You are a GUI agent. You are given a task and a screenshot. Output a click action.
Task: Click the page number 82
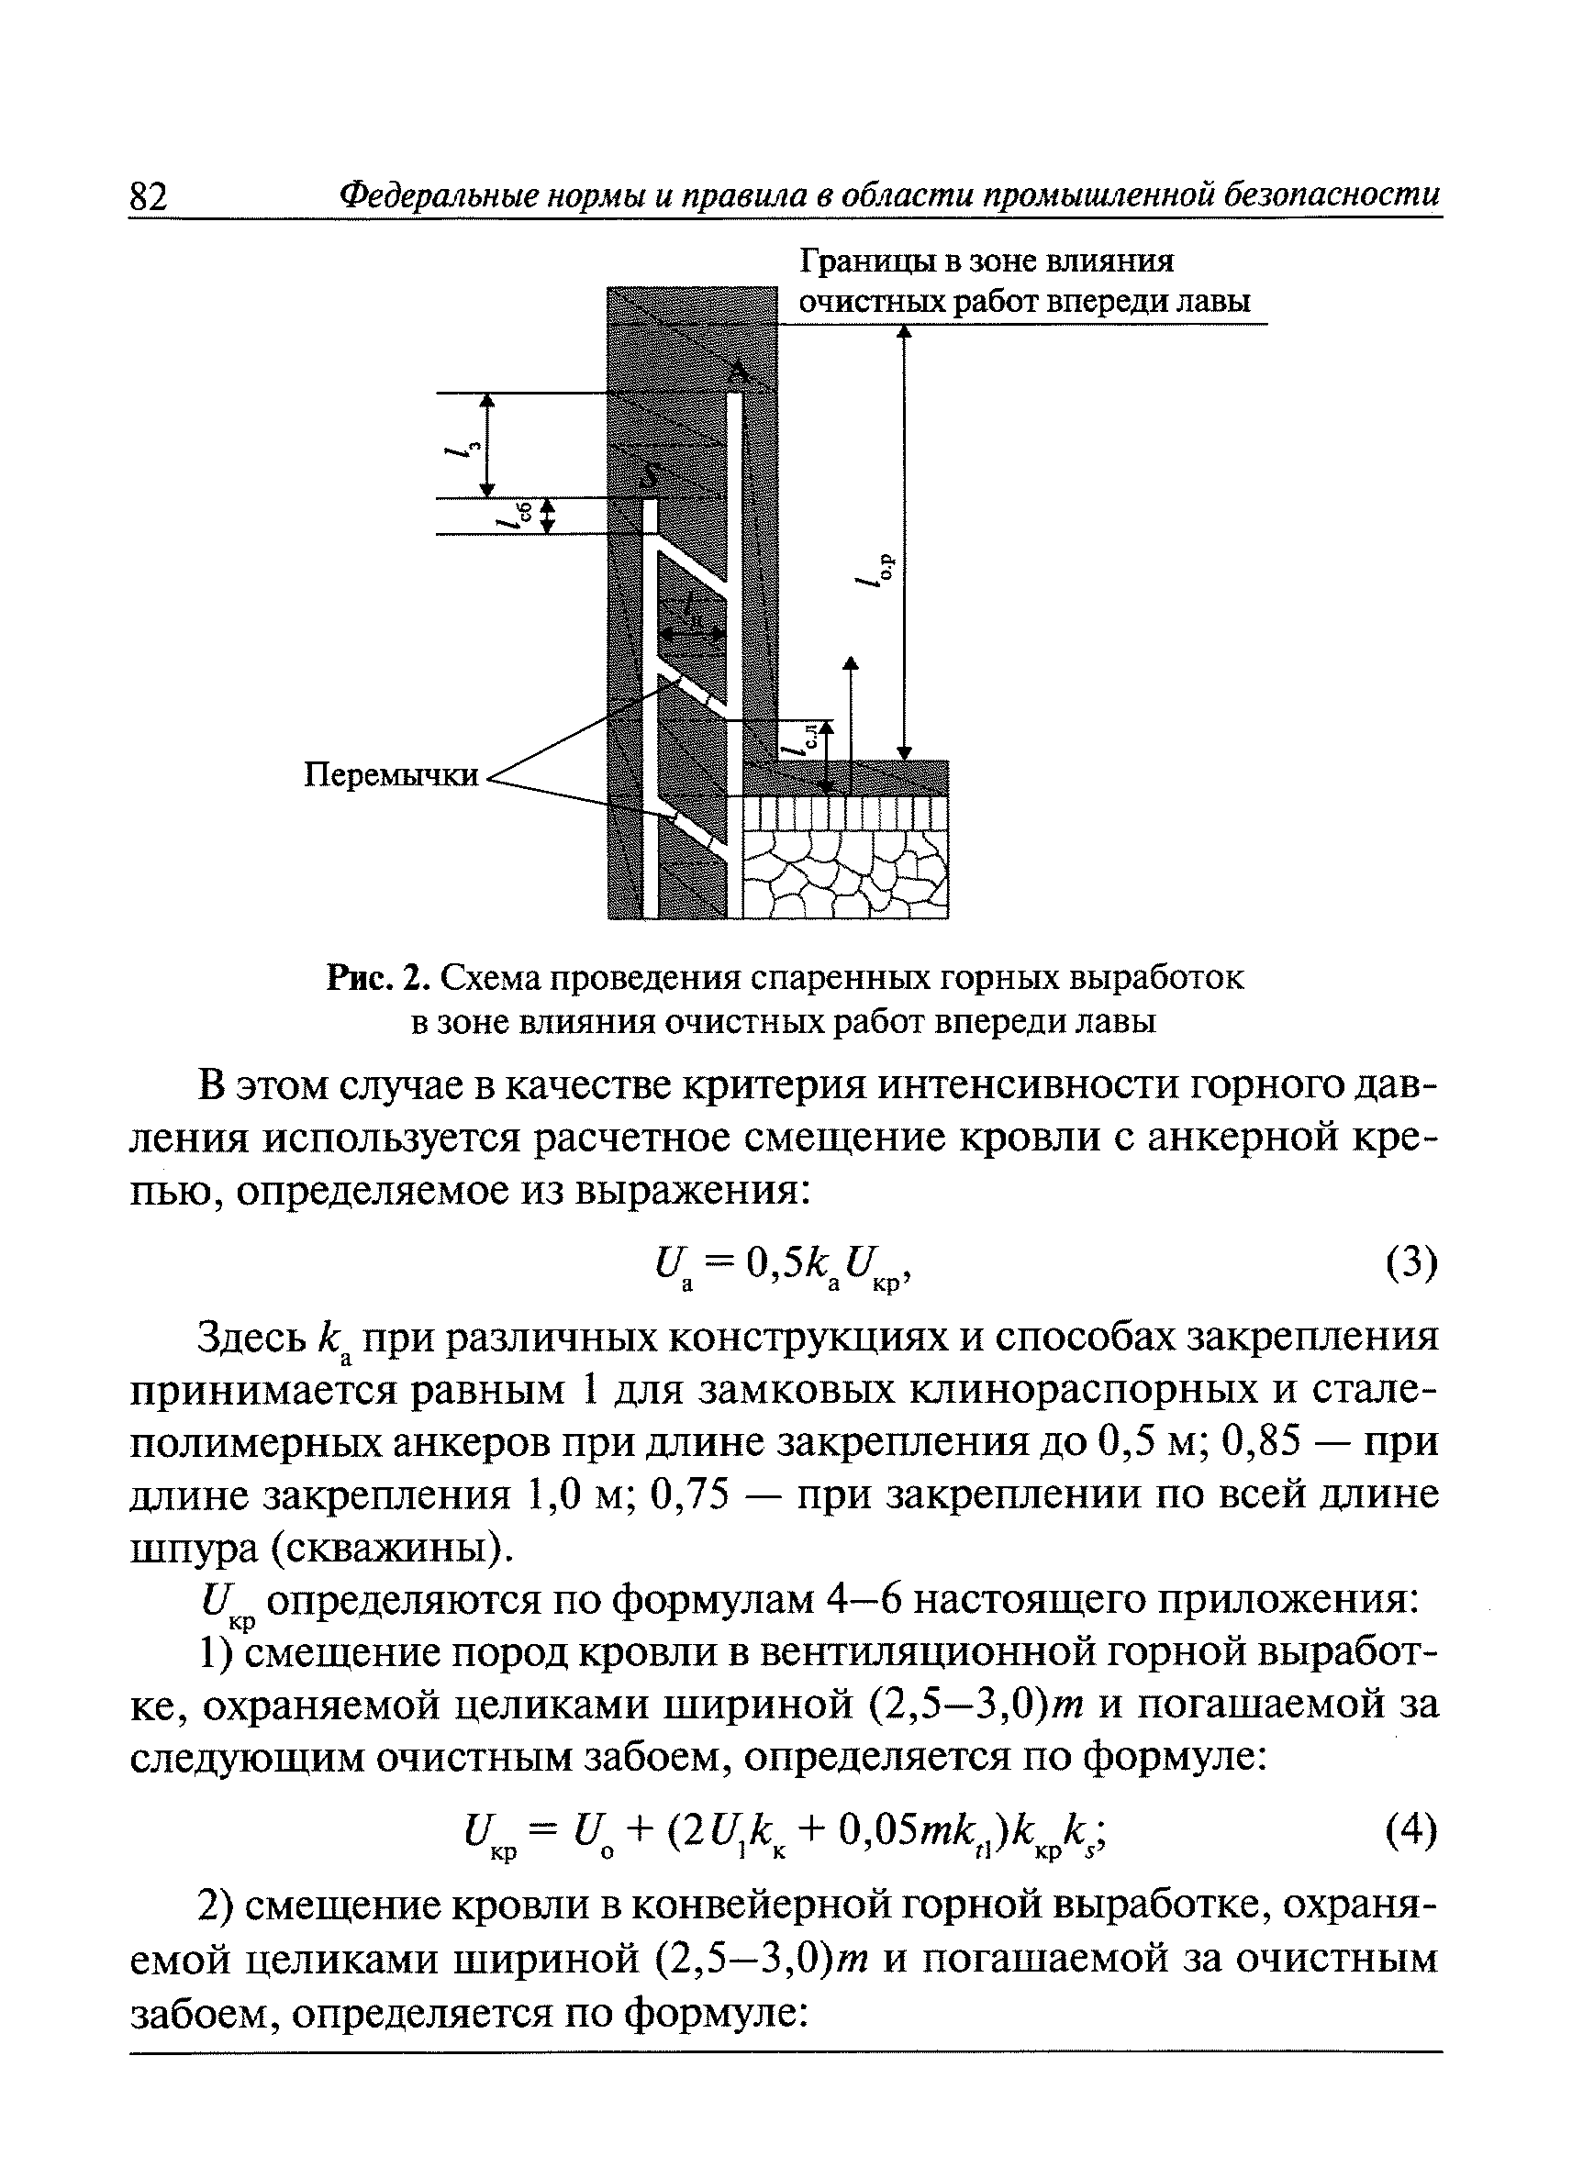148,198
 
